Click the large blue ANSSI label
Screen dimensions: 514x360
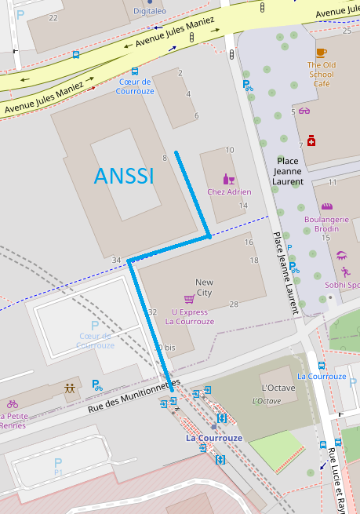[124, 176]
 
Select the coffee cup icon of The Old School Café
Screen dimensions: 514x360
[322, 53]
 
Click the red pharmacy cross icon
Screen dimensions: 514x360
[311, 140]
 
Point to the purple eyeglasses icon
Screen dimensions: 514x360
[304, 111]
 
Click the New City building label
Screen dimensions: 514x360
[204, 287]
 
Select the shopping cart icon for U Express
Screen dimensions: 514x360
[189, 299]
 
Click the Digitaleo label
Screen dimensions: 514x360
[149, 12]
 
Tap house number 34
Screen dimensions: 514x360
[116, 261]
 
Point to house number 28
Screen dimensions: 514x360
[233, 304]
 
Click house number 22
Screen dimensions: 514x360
[53, 17]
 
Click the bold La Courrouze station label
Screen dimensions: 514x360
[214, 438]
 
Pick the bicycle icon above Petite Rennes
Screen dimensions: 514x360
[12, 403]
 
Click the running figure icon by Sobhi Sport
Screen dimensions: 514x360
[345, 272]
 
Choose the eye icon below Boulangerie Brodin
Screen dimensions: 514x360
[341, 255]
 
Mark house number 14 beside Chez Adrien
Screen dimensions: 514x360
[243, 206]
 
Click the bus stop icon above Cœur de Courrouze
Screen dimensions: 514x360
[135, 71]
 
